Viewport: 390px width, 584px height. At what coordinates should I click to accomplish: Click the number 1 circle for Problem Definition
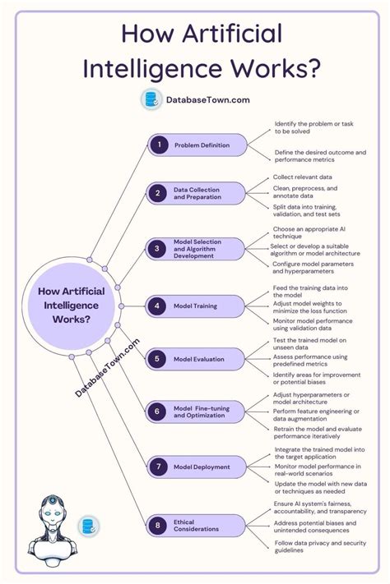click(x=158, y=145)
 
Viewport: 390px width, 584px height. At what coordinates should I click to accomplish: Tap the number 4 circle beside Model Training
click(x=158, y=306)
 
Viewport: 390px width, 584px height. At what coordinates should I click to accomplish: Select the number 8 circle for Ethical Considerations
click(x=158, y=526)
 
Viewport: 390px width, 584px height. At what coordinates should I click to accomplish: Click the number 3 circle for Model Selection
click(x=158, y=248)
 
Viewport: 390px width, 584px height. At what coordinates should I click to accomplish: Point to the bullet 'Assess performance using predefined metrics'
click(x=309, y=359)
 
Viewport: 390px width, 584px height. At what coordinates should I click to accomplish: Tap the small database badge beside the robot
click(x=89, y=527)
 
